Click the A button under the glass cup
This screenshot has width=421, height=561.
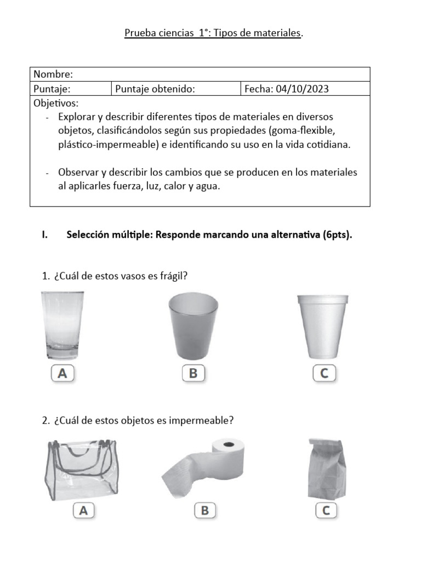click(x=62, y=374)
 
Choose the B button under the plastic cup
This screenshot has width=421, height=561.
click(x=193, y=374)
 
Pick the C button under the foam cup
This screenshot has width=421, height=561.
click(x=324, y=374)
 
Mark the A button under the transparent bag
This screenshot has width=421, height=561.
click(x=83, y=511)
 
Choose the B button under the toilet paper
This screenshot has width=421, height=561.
click(x=205, y=511)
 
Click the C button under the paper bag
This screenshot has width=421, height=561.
click(x=326, y=511)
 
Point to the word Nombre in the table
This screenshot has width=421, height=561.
click(x=53, y=74)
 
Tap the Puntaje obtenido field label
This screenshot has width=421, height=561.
click(x=155, y=89)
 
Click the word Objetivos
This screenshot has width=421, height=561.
click(x=56, y=103)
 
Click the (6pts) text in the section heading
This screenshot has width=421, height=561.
click(x=337, y=235)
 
